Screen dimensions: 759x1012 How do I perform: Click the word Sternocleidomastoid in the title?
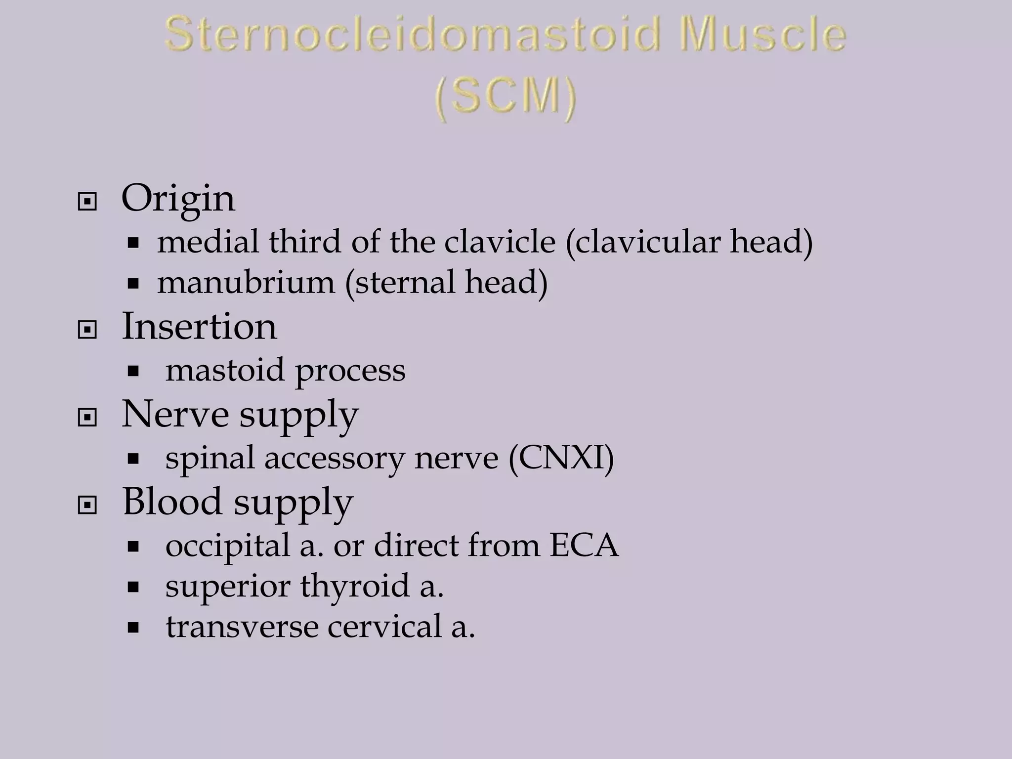pos(413,35)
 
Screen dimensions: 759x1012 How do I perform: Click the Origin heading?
pos(178,199)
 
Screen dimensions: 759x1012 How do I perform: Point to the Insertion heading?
pos(199,327)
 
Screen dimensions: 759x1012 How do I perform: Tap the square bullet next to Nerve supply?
pos(87,418)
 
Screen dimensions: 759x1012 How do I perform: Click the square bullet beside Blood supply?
pos(87,505)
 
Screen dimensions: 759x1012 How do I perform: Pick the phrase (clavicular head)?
pos(689,242)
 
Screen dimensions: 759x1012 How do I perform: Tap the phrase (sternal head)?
pos(446,283)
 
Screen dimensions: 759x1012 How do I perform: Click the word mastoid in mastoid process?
pos(225,370)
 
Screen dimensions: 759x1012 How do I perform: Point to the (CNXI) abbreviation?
pos(561,458)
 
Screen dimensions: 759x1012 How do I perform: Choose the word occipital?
pos(228,547)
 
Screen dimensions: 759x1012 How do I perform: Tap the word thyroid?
pos(355,587)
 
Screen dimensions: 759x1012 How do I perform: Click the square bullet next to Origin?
pos(87,202)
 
